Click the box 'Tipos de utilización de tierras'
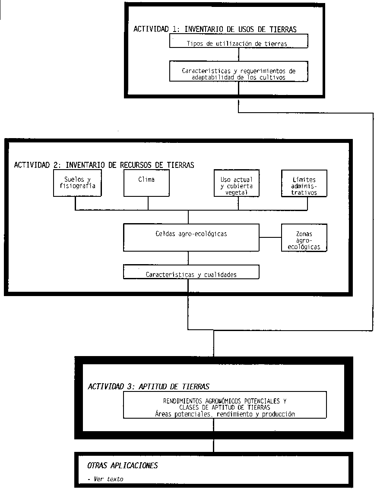tap(239, 41)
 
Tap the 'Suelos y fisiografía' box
tap(77, 183)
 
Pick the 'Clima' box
tap(148, 183)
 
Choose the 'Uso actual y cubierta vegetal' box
tap(237, 183)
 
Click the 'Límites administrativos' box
tap(304, 183)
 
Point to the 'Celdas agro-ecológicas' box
tap(191, 237)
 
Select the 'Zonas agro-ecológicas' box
tap(304, 237)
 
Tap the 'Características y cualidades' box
tap(191, 272)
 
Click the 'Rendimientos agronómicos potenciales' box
tap(225, 405)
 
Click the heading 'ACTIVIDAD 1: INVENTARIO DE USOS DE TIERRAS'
tap(215, 29)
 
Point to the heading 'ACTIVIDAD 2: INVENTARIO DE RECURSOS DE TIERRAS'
tap(104, 165)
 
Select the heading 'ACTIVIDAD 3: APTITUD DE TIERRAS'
tap(149, 386)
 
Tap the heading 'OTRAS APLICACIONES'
tap(123, 465)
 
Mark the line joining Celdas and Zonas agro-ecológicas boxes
tap(270, 237)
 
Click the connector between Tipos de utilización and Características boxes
tap(239, 54)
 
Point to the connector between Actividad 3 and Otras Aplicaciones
tap(214, 445)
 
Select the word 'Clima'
tap(146, 179)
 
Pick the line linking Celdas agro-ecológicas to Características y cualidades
tap(188, 258)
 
